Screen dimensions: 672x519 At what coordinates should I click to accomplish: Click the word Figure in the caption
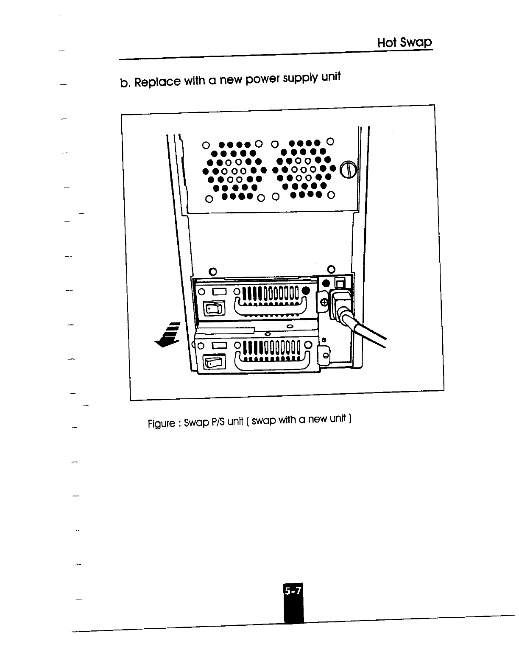click(x=161, y=423)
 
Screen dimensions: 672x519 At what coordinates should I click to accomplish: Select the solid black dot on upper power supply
click(x=307, y=291)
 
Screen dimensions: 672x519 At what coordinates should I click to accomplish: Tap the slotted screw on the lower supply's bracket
click(x=325, y=356)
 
